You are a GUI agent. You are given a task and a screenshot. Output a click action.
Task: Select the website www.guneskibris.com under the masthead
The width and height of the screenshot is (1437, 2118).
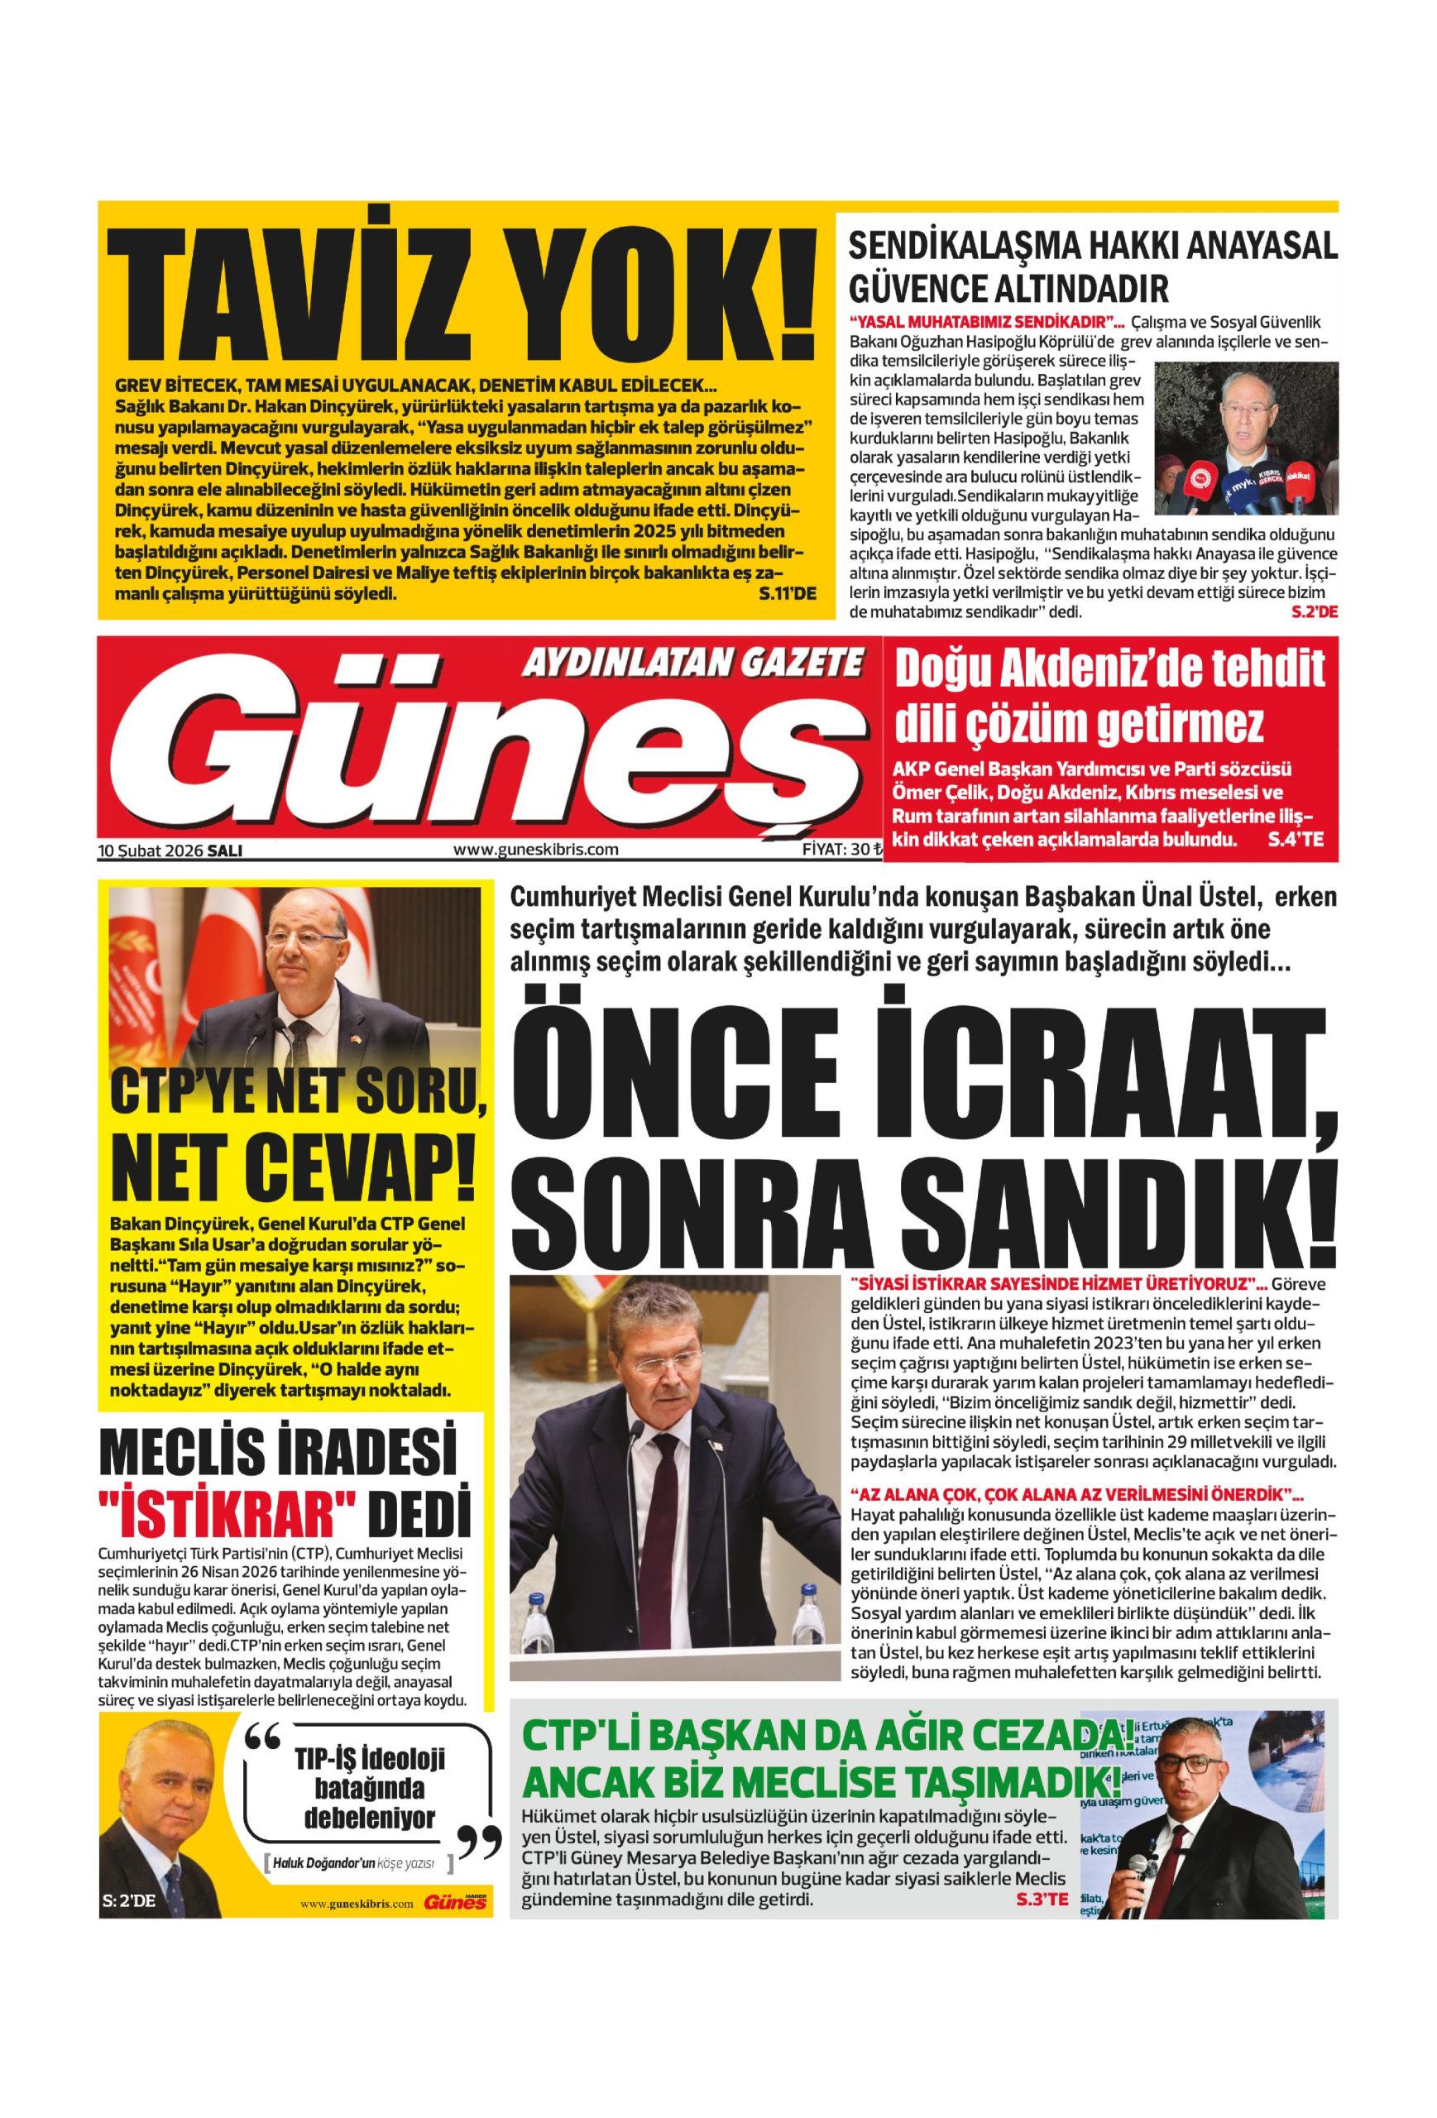click(x=535, y=850)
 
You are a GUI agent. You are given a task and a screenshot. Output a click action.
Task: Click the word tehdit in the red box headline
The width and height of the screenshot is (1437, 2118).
click(x=1247, y=670)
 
